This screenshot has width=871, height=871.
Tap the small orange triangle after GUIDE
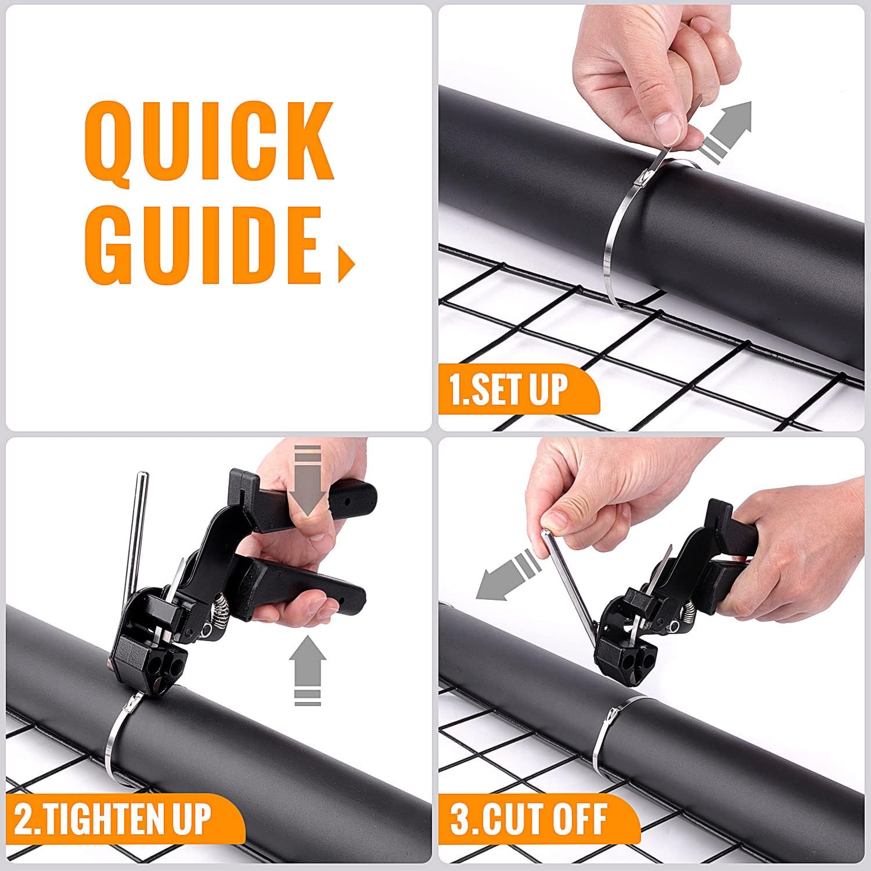(x=346, y=264)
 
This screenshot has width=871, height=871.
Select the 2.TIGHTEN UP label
(x=114, y=818)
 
